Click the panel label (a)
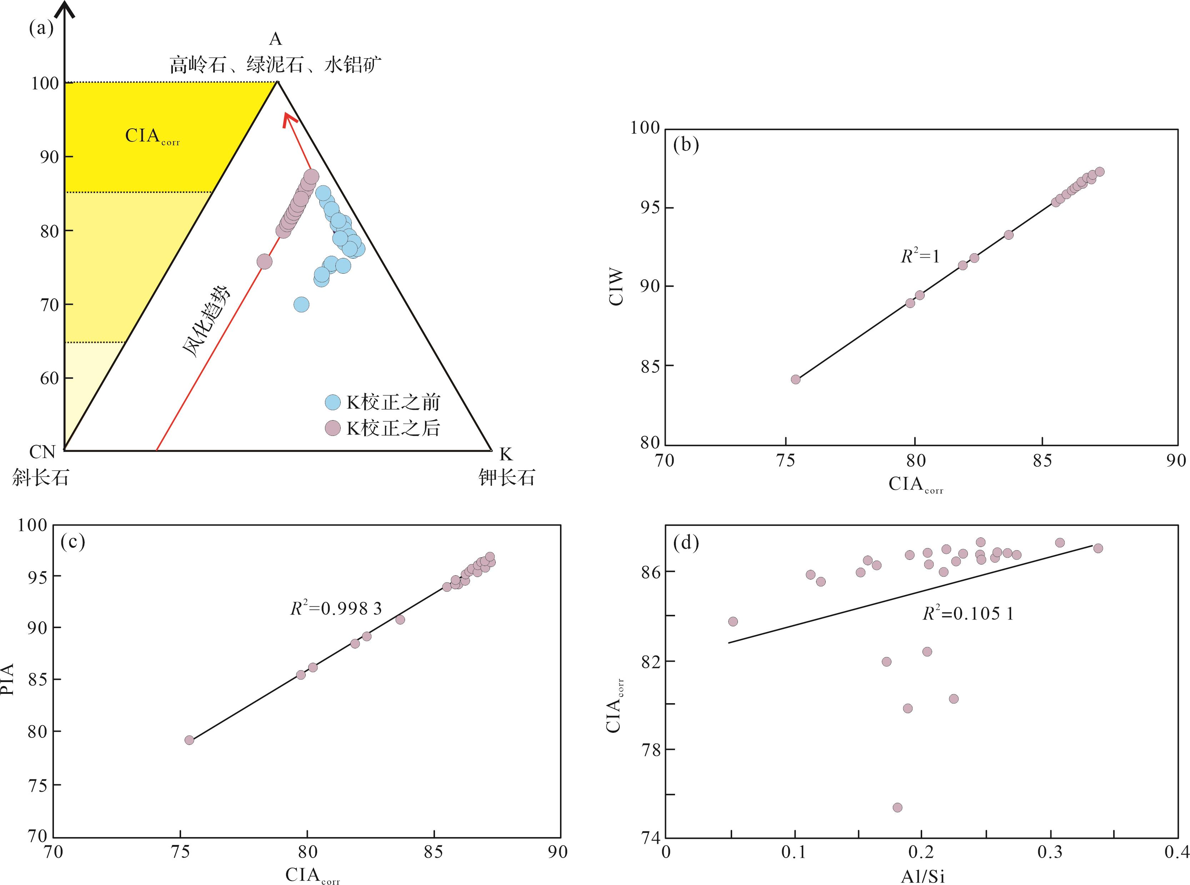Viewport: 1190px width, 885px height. [41, 28]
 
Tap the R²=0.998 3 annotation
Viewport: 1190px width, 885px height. [336, 608]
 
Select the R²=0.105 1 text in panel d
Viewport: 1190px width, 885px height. [968, 613]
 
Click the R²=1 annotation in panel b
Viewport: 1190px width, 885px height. [920, 257]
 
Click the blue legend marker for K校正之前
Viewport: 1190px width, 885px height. [333, 402]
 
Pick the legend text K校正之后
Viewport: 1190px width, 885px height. [393, 428]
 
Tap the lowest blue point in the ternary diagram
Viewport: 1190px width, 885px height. [301, 305]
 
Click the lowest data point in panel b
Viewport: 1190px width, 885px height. [795, 379]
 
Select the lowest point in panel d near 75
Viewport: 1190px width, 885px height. [897, 807]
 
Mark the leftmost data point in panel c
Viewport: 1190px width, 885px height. [189, 740]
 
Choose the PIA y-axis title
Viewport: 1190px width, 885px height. [8, 679]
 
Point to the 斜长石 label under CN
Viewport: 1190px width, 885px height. [41, 477]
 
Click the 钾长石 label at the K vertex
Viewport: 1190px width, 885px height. [507, 477]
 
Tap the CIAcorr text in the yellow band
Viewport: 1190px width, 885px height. [152, 136]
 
